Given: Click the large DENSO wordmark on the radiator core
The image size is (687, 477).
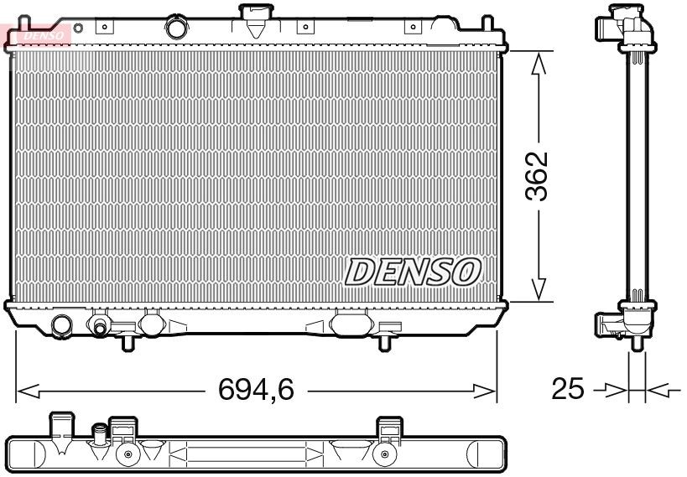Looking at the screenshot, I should point(413,272).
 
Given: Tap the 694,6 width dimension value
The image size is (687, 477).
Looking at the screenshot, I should point(256,391).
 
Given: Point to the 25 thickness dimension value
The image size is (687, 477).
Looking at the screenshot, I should point(568,390).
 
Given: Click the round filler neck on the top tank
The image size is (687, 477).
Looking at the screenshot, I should point(176,28).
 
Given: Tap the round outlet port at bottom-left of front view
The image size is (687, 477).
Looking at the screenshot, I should point(62,324).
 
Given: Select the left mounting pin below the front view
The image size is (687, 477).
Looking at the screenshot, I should point(128,343).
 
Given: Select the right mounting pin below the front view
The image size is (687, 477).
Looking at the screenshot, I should point(384,343).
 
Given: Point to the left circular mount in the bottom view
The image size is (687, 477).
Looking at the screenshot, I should point(128,455).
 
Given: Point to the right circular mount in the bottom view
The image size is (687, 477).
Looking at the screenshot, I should point(384,455).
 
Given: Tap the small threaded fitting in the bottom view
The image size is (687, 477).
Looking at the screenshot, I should point(100,435).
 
